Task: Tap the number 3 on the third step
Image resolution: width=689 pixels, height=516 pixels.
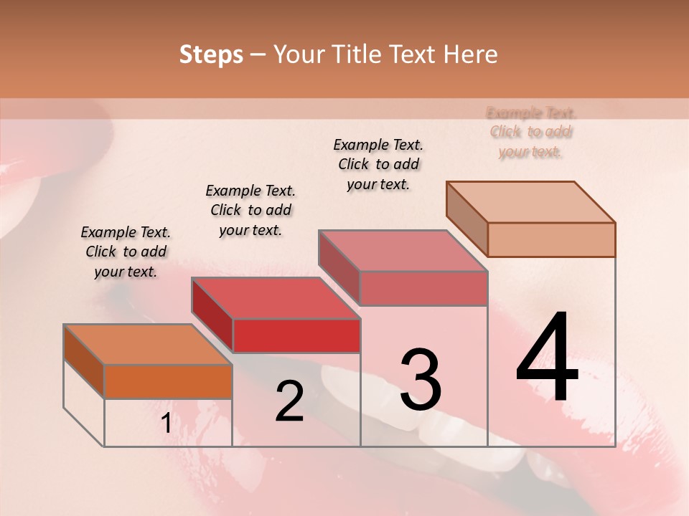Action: tap(420, 379)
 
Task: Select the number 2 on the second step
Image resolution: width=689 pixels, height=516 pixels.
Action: tap(289, 402)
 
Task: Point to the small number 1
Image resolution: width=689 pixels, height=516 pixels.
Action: tap(166, 424)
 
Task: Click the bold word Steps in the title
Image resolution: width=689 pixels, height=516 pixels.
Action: tap(211, 54)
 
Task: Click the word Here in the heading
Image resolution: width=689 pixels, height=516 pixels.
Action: tap(471, 54)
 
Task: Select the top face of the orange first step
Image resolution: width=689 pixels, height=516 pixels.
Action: tap(148, 344)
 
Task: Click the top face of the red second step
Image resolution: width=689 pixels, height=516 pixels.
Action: tap(276, 298)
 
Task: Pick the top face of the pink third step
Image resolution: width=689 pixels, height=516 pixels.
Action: tap(403, 251)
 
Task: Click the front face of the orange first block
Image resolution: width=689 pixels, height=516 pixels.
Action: tap(168, 381)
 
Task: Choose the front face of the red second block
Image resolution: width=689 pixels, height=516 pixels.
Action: tap(296, 335)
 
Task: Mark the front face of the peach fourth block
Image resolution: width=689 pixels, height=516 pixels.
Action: tap(551, 239)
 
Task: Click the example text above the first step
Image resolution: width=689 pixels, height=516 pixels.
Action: tap(126, 252)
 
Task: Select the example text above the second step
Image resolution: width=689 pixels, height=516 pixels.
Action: tap(250, 210)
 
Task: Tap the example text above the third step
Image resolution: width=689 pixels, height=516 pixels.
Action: tap(378, 164)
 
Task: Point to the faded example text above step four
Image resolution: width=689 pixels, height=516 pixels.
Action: tap(531, 132)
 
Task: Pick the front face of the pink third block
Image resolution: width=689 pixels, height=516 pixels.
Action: tap(423, 288)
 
